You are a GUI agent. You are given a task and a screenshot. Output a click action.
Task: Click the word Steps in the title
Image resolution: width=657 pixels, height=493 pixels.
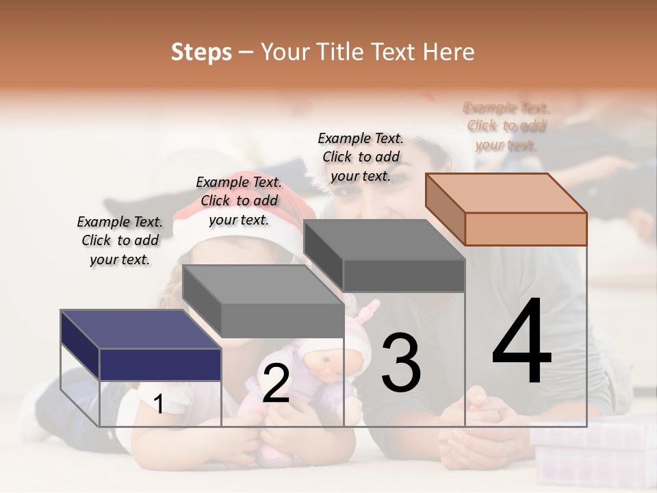coord(201,52)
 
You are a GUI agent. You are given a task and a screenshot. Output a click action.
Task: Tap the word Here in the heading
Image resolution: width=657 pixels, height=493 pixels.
coord(449,52)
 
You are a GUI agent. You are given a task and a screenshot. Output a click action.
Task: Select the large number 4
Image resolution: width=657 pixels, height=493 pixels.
coord(521,342)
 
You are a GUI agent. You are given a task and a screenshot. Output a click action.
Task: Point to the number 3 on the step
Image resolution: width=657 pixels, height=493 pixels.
coord(401,363)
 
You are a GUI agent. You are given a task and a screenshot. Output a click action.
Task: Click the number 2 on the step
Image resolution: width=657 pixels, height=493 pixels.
coord(276,383)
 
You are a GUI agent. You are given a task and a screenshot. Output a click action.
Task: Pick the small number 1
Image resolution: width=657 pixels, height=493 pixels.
coord(159,405)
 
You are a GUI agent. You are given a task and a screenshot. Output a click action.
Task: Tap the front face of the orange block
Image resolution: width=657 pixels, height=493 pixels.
coord(526,229)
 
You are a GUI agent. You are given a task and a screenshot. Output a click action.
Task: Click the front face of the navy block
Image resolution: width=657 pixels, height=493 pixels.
coord(160,364)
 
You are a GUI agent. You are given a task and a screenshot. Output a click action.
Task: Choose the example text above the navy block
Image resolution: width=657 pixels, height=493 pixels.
coord(120,240)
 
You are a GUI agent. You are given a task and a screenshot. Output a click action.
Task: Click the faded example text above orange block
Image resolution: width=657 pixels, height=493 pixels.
coord(506,126)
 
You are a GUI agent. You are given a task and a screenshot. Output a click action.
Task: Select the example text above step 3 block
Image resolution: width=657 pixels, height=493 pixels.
coord(361,157)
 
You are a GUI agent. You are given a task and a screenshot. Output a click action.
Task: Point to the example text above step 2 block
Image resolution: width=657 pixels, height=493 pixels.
coord(239,201)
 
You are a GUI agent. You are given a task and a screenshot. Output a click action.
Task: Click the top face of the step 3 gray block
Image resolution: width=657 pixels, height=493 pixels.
coord(383,240)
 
